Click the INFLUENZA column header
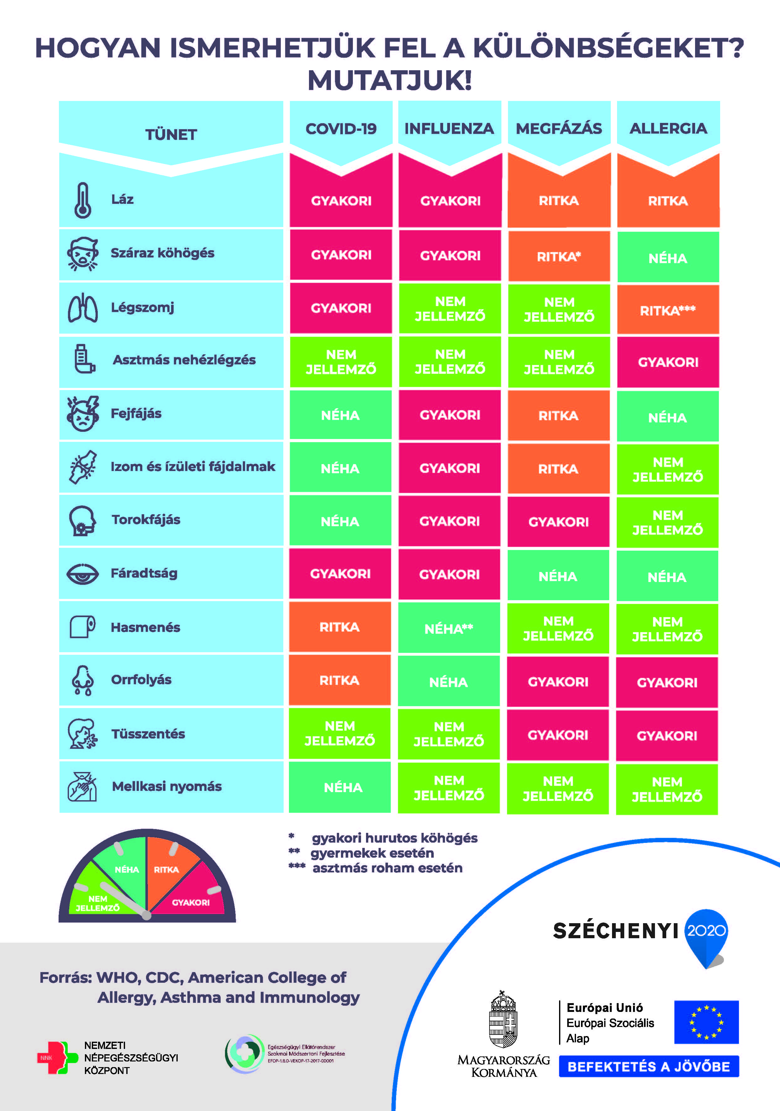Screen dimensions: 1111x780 click(x=449, y=129)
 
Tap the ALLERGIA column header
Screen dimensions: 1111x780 click(x=668, y=129)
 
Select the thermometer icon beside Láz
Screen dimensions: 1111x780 click(x=83, y=200)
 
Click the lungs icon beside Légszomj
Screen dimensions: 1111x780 click(x=83, y=308)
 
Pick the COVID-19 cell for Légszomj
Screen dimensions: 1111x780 click(x=341, y=308)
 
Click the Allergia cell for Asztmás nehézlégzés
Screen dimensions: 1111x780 click(x=668, y=362)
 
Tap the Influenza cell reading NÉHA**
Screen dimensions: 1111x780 click(x=449, y=629)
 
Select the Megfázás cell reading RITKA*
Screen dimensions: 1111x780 click(x=558, y=257)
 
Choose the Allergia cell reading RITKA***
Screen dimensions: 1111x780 click(x=668, y=310)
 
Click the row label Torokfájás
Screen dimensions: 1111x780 click(x=146, y=520)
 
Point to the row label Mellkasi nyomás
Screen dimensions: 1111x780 click(x=167, y=786)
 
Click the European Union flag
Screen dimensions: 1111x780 click(x=706, y=1022)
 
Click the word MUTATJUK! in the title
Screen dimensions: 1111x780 click(x=390, y=80)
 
